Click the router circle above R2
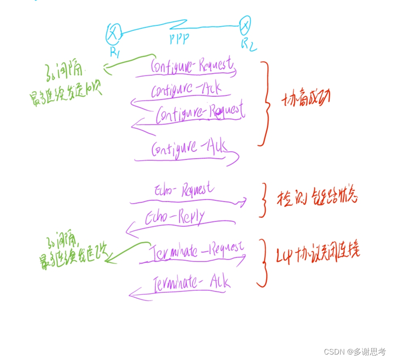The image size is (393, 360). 245,25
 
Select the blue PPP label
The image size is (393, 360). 179,40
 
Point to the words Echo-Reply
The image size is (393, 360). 175,217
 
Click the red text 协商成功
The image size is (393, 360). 306,100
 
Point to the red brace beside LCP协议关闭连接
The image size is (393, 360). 262,264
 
